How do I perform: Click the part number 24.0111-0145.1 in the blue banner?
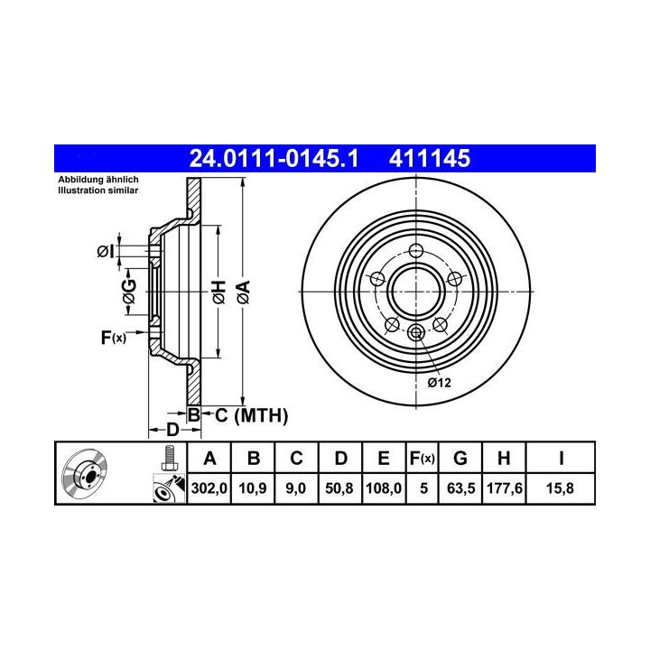(274, 158)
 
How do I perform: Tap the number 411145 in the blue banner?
(430, 158)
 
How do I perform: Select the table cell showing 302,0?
(209, 487)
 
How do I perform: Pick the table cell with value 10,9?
(253, 487)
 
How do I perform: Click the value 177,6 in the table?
(504, 487)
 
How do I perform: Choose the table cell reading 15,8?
(560, 487)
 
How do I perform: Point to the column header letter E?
(384, 458)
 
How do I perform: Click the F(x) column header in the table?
(422, 458)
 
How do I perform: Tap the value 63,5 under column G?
(460, 487)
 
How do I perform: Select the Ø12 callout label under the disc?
(439, 383)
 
